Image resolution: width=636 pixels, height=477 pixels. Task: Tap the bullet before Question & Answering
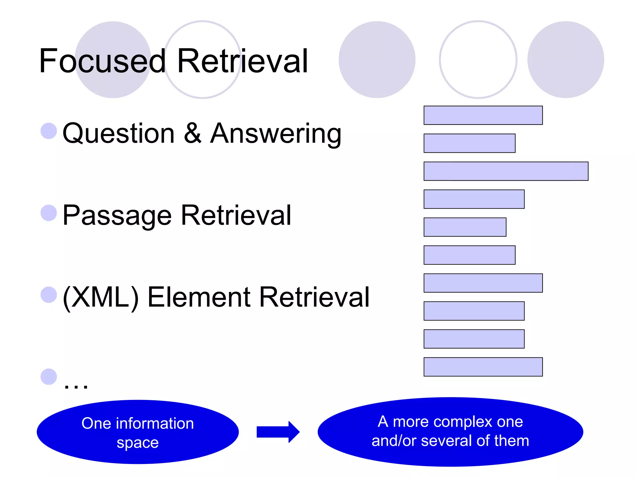click(x=49, y=131)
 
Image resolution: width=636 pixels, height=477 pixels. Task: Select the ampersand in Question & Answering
click(x=193, y=134)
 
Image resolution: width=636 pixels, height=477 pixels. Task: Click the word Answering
click(x=276, y=134)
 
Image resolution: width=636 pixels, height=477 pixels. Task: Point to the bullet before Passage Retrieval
click(x=49, y=213)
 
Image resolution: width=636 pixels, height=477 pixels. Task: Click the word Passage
click(x=117, y=216)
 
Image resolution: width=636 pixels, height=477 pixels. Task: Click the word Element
click(x=199, y=298)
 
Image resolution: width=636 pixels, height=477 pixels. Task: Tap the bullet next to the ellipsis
click(x=49, y=377)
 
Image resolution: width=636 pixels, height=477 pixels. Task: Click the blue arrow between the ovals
click(x=278, y=432)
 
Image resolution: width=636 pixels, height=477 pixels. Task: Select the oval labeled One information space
click(x=138, y=432)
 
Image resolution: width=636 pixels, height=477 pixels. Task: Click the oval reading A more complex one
click(x=450, y=432)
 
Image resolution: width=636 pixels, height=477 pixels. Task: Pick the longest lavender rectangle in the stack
click(x=506, y=171)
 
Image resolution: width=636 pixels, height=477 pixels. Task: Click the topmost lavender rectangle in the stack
click(x=483, y=115)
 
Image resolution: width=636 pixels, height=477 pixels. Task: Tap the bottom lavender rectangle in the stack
click(x=483, y=367)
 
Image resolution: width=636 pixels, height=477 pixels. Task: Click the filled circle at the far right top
click(x=566, y=60)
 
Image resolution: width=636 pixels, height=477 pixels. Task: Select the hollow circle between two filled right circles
click(x=478, y=60)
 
